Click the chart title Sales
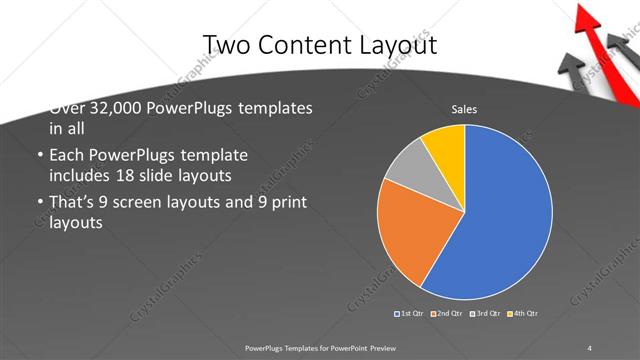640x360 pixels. click(464, 109)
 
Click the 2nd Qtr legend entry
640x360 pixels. click(447, 314)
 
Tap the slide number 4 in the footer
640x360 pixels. click(590, 347)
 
